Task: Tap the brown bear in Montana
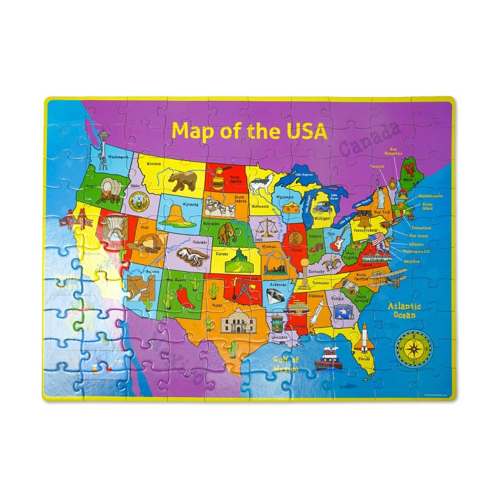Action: pyautogui.click(x=183, y=180)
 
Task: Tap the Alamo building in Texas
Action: pyautogui.click(x=238, y=324)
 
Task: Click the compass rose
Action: pyautogui.click(x=412, y=346)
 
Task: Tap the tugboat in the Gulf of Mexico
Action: pyautogui.click(x=328, y=359)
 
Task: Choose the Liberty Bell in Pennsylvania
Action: pyautogui.click(x=359, y=224)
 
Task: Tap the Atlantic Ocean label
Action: pyautogui.click(x=404, y=310)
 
